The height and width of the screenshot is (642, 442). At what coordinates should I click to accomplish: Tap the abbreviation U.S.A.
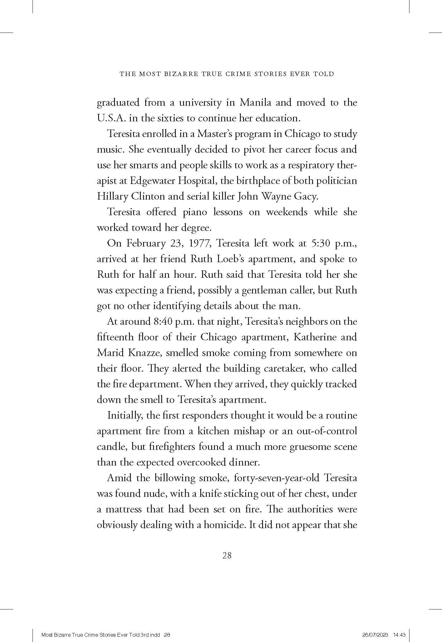tap(111, 118)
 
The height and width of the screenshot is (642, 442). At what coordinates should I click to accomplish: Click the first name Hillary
tap(112, 196)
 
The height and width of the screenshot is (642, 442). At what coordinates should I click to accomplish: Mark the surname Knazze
tap(144, 353)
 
